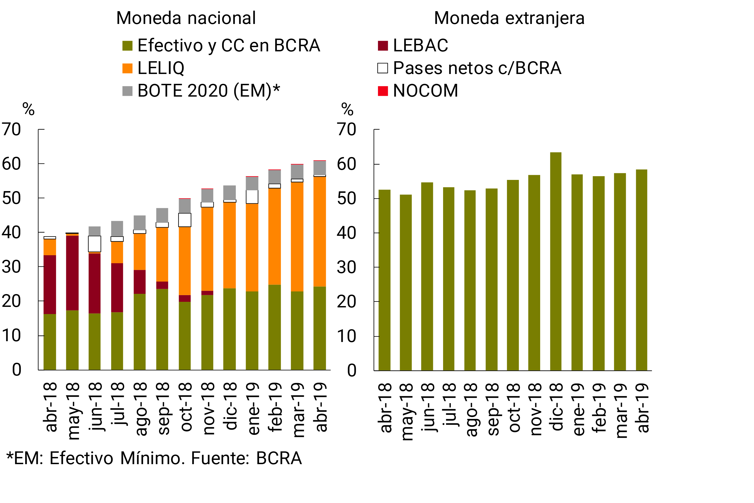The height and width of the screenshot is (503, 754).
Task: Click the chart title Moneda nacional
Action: click(186, 18)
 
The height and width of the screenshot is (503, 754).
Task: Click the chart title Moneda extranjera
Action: click(509, 18)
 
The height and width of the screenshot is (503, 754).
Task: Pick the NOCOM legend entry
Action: click(418, 91)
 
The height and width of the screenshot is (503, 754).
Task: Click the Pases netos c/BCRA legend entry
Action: click(469, 68)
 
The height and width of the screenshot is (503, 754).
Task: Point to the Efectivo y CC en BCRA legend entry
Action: click(221, 45)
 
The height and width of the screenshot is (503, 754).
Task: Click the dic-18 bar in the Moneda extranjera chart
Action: click(556, 261)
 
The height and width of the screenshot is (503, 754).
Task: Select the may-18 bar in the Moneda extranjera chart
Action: click(406, 282)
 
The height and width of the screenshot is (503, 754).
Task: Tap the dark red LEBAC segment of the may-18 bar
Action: click(72, 273)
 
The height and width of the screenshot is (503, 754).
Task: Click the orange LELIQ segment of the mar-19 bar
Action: click(297, 237)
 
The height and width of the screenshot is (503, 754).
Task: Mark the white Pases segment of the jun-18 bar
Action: click(95, 244)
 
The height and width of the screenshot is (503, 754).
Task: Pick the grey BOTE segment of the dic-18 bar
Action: click(230, 192)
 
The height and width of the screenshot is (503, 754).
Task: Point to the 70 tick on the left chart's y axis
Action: click(11, 130)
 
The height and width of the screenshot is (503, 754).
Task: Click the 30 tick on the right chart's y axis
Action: click(346, 267)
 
